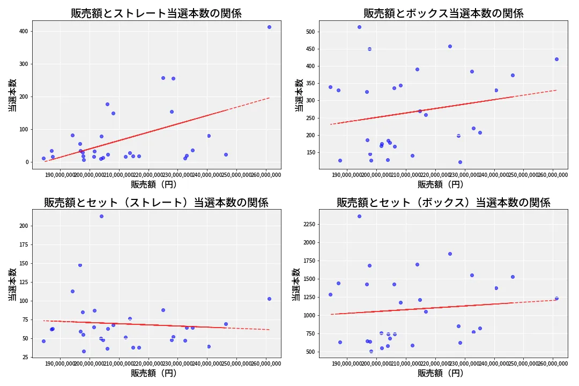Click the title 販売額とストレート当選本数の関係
[x=156, y=13]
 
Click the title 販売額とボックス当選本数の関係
[x=443, y=13]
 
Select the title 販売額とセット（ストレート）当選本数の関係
[x=156, y=203]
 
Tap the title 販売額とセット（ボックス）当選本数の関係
[x=443, y=203]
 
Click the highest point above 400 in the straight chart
[x=269, y=27]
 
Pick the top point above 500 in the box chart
[x=359, y=27]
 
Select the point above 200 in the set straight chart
[x=101, y=216]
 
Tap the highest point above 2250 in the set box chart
[x=359, y=216]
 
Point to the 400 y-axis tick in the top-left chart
[x=24, y=32]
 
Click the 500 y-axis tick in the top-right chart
[x=310, y=32]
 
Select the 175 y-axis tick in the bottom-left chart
[x=24, y=244]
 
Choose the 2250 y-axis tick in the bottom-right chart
[x=308, y=224]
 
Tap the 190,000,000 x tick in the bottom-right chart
[x=347, y=364]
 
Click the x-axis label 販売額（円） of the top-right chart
[x=441, y=184]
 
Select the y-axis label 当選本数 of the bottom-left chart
[x=12, y=284]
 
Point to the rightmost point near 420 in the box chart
[x=556, y=59]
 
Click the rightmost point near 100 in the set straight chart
[x=269, y=299]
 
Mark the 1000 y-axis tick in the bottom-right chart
[x=308, y=315]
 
